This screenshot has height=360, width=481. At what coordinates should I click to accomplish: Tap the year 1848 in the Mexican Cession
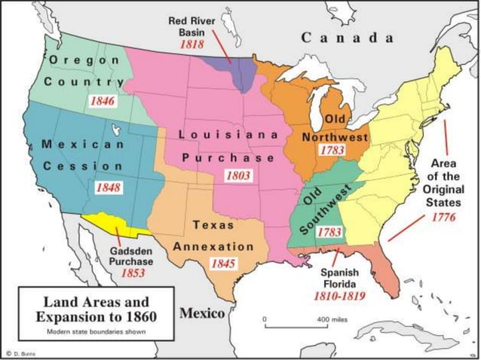108,187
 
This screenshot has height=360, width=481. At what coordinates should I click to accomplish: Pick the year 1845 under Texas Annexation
223,264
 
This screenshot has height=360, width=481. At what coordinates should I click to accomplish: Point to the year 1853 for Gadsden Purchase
133,273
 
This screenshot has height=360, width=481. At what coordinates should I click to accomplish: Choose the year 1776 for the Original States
443,218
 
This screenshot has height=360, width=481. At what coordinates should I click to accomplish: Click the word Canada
347,37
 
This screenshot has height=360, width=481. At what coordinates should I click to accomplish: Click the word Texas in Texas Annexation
213,224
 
